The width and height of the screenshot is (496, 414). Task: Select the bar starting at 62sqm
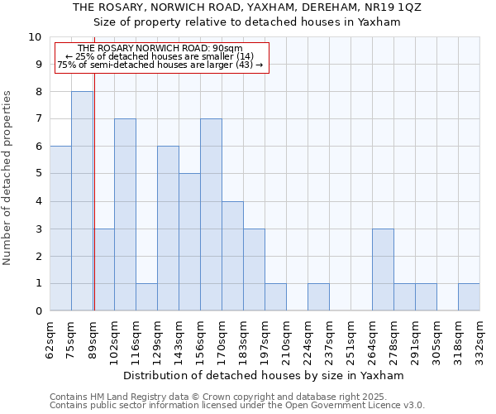60,229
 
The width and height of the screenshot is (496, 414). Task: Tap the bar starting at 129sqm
168,229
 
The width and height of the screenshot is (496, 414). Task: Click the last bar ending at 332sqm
469,297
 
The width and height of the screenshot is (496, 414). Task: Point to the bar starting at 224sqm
318,297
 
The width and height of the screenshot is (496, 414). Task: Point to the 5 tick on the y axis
38,174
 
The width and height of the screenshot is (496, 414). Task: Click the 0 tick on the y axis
38,311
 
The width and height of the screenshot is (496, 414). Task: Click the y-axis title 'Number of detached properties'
7,178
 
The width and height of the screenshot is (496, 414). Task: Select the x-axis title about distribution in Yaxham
265,375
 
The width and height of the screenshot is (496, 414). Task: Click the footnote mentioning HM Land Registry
236,397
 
